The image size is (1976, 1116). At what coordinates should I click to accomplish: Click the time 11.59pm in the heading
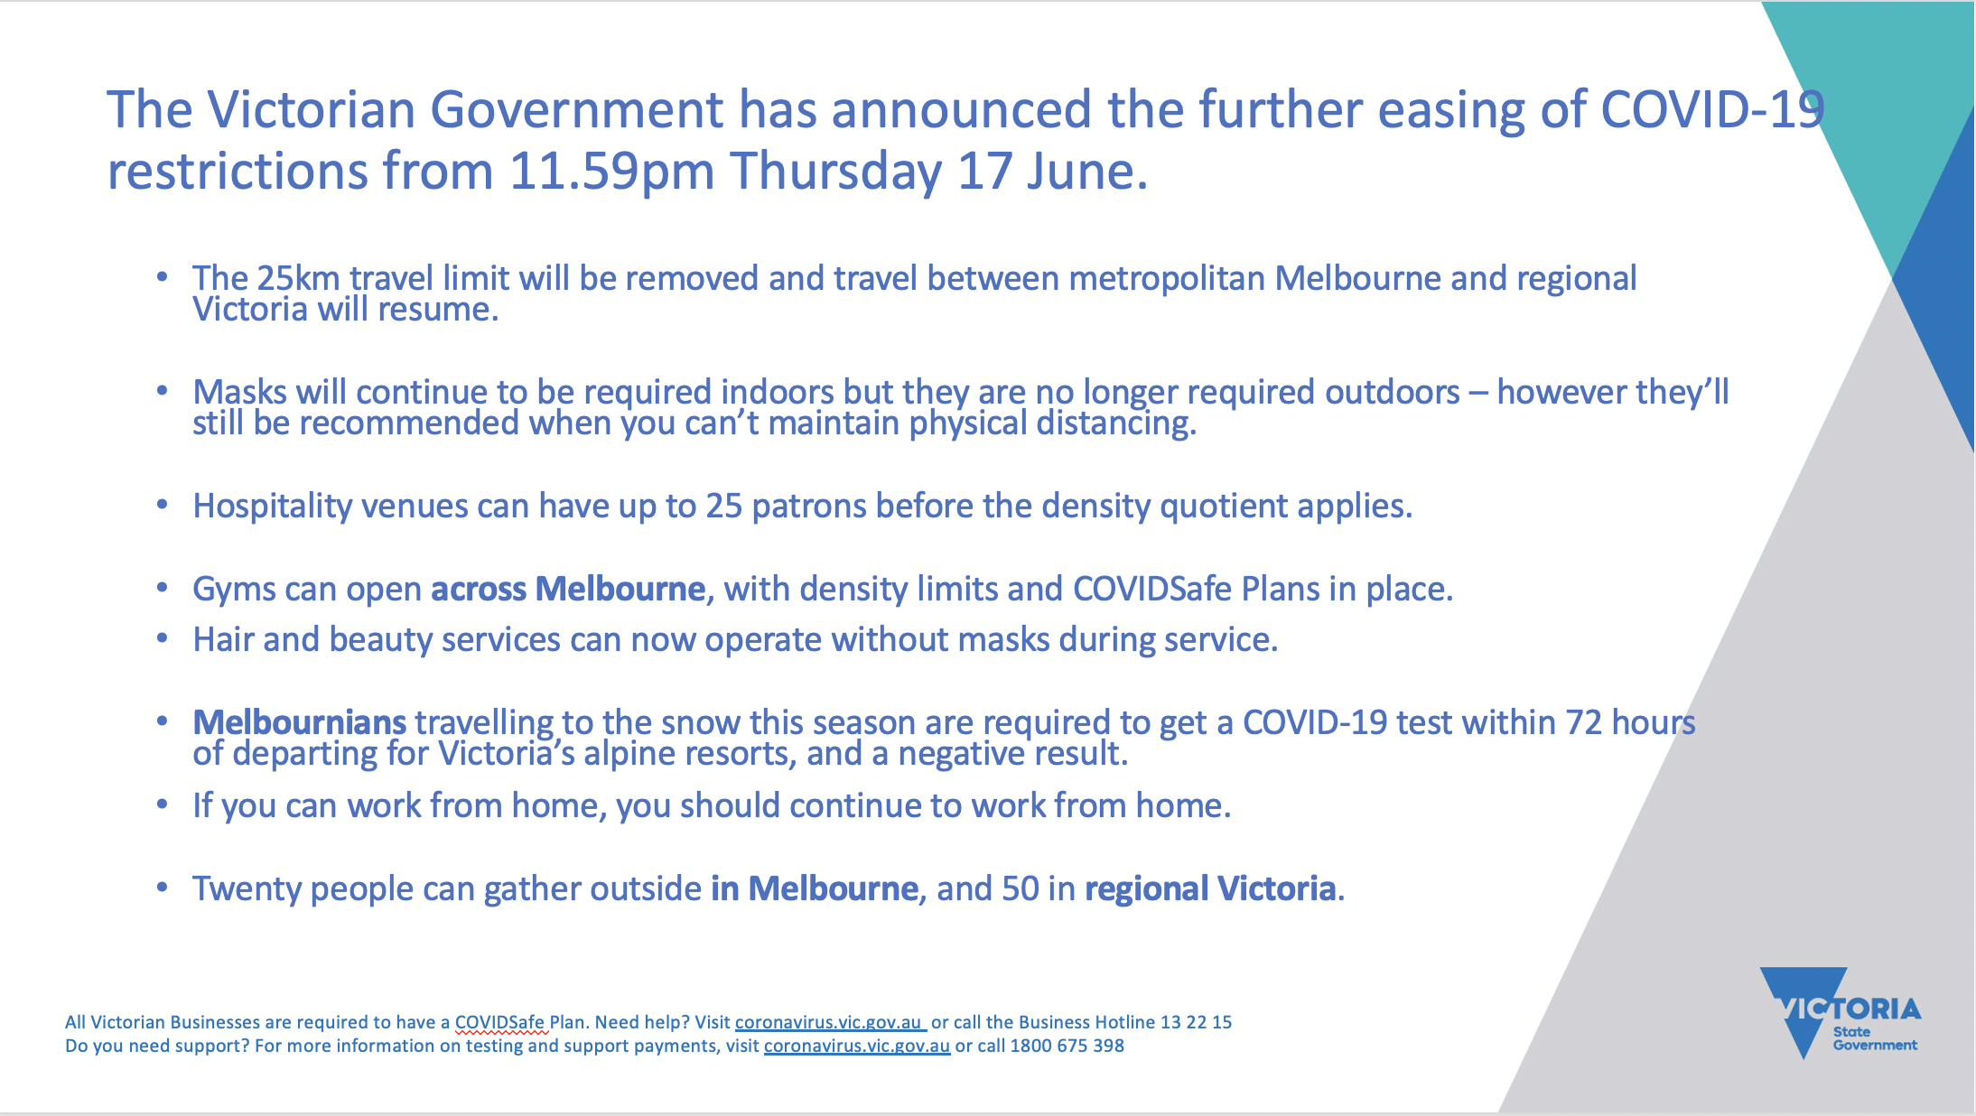click(611, 172)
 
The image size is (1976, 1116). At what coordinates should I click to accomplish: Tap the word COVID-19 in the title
click(1712, 109)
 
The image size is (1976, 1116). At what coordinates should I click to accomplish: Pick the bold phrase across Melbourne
click(568, 589)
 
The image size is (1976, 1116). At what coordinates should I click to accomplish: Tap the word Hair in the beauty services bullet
click(224, 639)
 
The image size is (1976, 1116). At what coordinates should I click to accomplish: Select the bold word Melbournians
click(300, 722)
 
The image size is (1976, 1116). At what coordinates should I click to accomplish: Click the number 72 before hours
click(1584, 722)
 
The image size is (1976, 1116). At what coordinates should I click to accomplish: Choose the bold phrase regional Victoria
click(1210, 889)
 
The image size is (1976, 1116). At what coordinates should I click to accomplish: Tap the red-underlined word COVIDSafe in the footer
click(499, 1022)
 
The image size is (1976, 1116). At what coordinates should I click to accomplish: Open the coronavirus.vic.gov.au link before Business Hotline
click(829, 1022)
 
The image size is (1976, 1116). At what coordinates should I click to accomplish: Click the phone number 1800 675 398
click(1067, 1046)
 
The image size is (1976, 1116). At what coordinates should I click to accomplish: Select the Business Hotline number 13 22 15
click(1196, 1022)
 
